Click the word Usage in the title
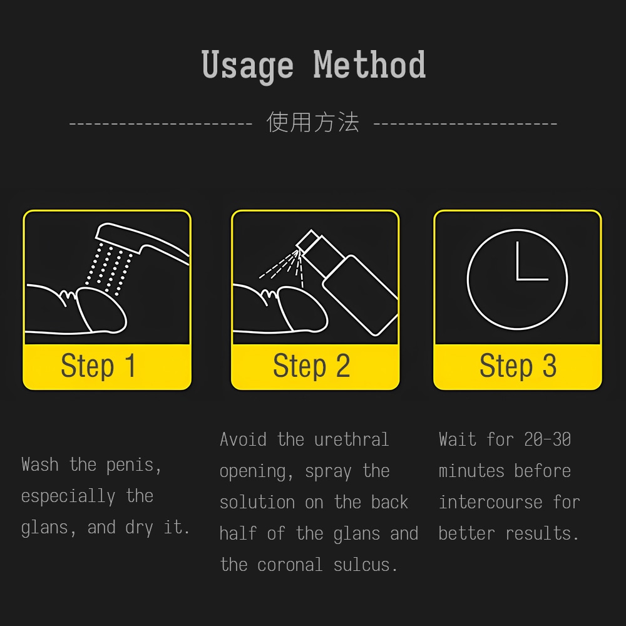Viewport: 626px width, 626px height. coord(247,66)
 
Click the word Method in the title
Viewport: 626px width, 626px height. coord(370,64)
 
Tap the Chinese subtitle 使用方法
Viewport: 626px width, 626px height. coord(313,122)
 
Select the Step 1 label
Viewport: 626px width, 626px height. coord(98,366)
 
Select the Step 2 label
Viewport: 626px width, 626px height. coord(311,366)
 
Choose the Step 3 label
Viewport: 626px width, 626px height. coord(518,366)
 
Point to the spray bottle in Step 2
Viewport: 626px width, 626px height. coord(348,282)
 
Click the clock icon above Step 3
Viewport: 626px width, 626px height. coord(518,279)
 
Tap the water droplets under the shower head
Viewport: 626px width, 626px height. coord(108,269)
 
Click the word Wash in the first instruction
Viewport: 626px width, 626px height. coord(40,464)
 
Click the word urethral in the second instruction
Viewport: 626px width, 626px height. coord(351,439)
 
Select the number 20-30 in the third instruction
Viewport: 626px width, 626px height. coord(547,439)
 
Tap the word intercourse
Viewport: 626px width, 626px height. coord(490,502)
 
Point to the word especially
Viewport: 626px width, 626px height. coord(68,497)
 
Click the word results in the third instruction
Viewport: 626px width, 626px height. coord(541,533)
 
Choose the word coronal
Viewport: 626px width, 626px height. coord(289,565)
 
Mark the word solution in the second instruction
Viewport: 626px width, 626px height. coord(257,502)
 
